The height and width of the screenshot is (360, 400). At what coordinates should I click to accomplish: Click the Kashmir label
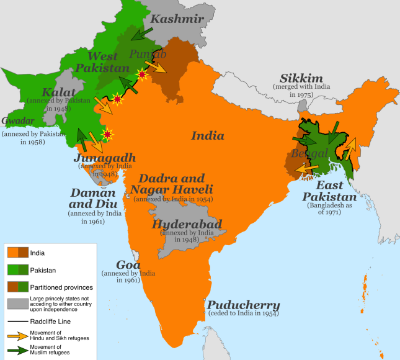tap(177, 19)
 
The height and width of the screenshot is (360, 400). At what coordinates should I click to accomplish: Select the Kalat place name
tap(42, 93)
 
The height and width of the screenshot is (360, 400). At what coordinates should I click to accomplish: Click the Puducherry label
tap(243, 305)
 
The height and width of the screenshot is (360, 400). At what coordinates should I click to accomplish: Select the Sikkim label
tap(301, 79)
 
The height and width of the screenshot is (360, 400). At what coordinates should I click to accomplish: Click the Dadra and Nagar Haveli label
tap(176, 184)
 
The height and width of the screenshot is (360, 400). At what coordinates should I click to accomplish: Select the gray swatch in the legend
tap(16, 304)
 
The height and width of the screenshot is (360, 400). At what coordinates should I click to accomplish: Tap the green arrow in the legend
tap(16, 351)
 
